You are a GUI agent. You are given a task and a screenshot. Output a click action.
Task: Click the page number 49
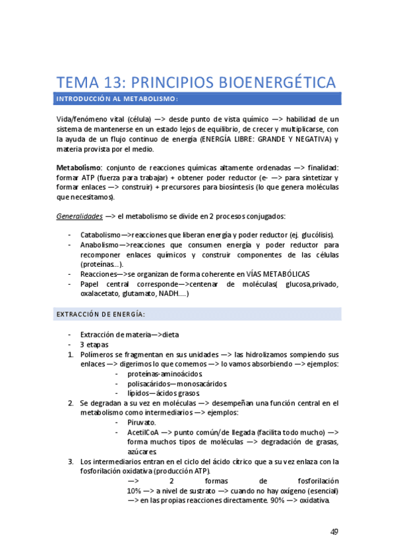tap(334, 533)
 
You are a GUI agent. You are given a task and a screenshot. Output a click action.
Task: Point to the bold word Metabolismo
tap(78, 168)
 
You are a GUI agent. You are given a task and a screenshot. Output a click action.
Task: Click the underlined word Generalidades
tap(78, 217)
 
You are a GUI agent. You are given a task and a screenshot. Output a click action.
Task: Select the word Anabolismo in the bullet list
tap(100, 245)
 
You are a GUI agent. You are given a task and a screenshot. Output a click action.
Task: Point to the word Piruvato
tap(142, 423)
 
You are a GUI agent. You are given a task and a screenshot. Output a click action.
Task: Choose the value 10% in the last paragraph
tap(136, 491)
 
